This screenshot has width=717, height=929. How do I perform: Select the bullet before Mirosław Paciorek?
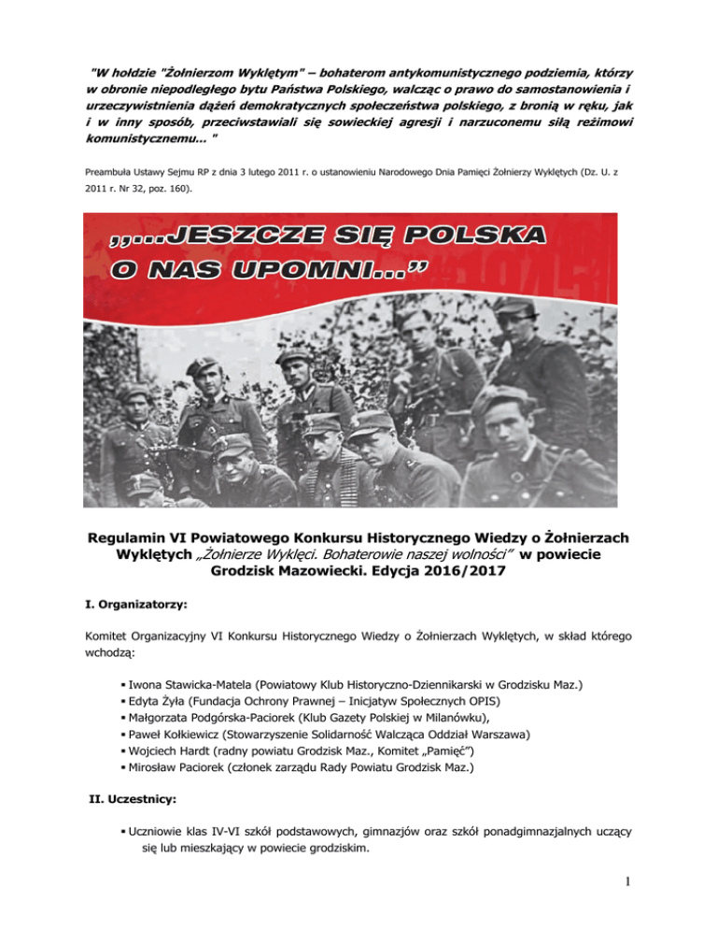(123, 768)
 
